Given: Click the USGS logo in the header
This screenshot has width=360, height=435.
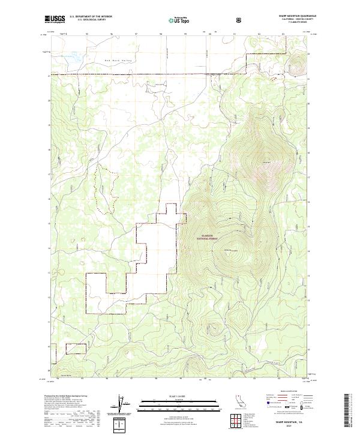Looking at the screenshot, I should [55, 20].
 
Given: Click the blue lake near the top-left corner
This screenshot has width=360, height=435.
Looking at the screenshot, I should [73, 59].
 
